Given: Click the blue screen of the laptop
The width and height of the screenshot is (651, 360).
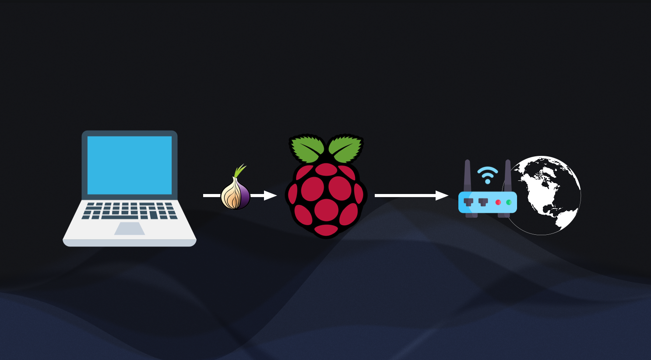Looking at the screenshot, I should click(130, 165).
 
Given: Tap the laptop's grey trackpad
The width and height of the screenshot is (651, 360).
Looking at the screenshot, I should click(130, 229).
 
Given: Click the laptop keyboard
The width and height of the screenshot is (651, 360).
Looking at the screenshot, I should click(130, 210).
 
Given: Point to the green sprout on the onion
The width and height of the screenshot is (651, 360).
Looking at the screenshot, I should click(239, 170).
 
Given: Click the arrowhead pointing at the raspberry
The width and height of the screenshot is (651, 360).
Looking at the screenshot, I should click(270, 195).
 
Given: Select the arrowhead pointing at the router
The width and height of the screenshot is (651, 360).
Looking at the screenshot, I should click(442, 195).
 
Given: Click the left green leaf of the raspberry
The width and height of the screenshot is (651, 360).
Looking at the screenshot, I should click(307, 148).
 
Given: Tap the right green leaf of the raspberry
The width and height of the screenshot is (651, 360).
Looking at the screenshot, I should click(345, 148).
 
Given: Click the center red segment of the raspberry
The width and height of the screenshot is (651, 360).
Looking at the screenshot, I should click(326, 188).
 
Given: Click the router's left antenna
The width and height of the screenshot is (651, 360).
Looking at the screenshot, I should click(468, 175).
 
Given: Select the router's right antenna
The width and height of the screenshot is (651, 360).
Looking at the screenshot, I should click(508, 175).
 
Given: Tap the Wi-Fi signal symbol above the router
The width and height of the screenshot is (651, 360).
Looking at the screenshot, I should click(488, 174).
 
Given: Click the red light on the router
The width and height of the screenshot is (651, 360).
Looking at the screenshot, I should click(498, 202).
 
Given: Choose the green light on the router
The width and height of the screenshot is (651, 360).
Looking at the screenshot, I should click(509, 202).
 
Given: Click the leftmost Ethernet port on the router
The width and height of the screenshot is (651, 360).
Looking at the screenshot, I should click(469, 202).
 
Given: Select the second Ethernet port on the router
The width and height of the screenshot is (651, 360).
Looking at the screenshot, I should click(483, 202).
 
